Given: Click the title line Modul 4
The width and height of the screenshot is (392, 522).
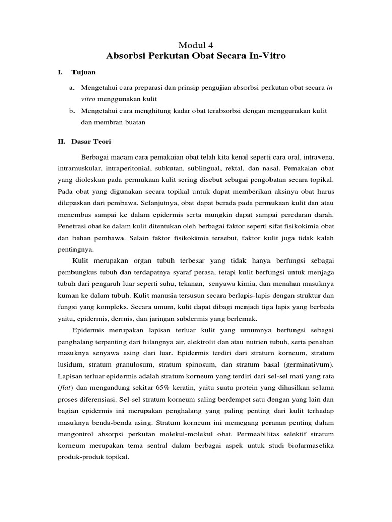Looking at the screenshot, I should click(196, 45).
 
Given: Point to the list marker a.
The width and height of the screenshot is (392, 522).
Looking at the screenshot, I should click(72, 88).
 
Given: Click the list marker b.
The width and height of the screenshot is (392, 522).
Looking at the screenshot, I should click(72, 111).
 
